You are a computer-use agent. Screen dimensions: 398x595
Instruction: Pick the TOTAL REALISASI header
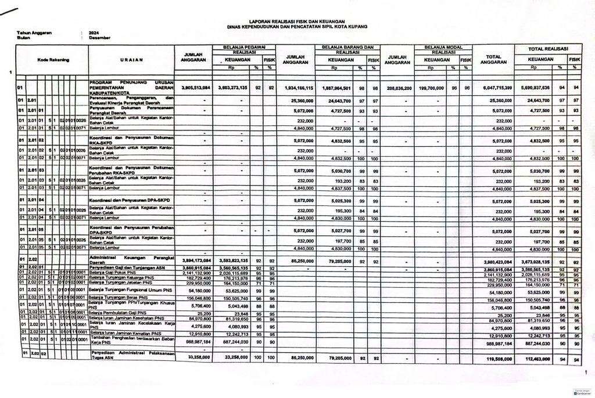548,48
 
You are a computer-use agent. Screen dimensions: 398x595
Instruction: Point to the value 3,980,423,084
496,262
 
